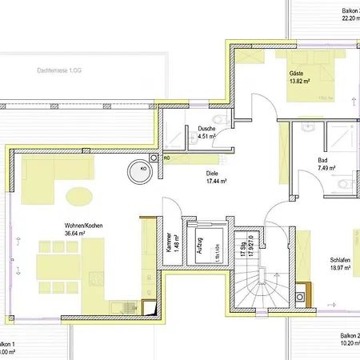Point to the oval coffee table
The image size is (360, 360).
click(78, 195)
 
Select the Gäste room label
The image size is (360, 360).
click(298, 74)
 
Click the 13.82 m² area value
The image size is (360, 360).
click(300, 82)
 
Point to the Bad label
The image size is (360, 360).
click(322, 160)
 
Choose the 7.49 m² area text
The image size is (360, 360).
click(325, 168)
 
